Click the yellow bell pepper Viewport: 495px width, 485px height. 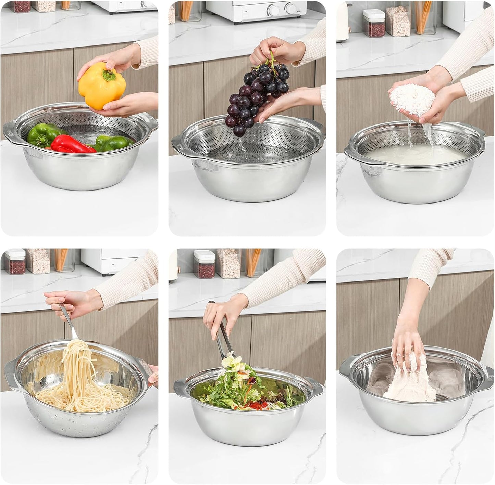coord(99,86)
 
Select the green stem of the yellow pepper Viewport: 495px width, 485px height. coord(109,76)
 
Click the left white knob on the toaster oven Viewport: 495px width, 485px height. coord(273,9)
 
